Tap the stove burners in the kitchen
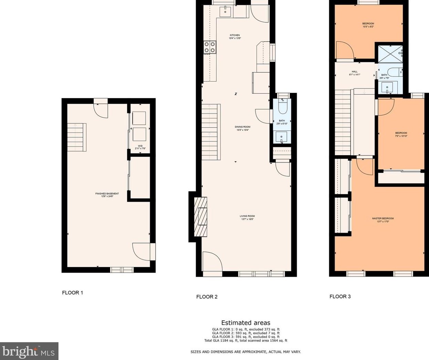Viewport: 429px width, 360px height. click(x=210, y=47)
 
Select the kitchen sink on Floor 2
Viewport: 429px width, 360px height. click(x=227, y=11)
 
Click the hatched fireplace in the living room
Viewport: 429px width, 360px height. click(x=201, y=216)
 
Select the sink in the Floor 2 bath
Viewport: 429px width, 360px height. click(x=282, y=137)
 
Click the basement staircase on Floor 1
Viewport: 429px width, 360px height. click(x=76, y=137)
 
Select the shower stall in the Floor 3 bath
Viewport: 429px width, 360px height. click(x=390, y=54)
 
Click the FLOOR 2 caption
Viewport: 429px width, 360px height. click(x=207, y=297)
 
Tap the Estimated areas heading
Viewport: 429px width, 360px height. click(x=245, y=323)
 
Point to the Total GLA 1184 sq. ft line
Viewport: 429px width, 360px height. click(x=245, y=341)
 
